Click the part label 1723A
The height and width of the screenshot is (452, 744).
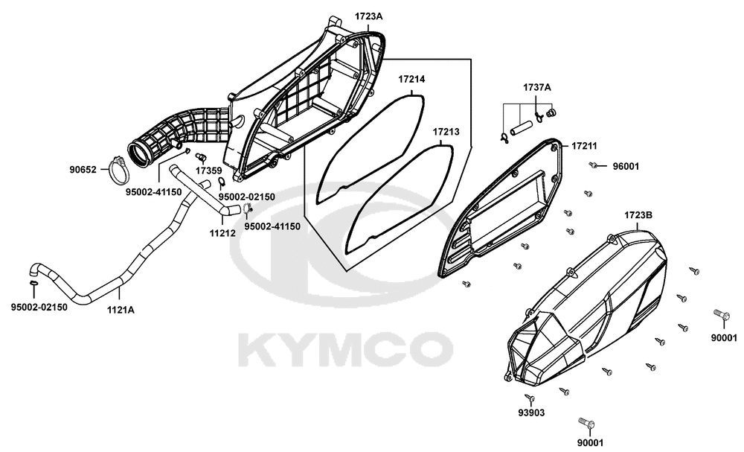[x=368, y=16]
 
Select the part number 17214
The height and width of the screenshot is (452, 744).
[x=411, y=79]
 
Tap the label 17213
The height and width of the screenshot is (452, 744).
[x=446, y=132]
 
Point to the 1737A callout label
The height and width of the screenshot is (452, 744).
[x=537, y=87]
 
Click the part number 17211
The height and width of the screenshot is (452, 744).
[x=584, y=146]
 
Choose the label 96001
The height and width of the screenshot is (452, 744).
[x=626, y=167]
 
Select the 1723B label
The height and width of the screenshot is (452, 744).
[x=638, y=215]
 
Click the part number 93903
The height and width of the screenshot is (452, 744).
[x=531, y=413]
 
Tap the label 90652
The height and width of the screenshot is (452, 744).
[x=83, y=170]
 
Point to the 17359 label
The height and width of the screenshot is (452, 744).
[x=209, y=170]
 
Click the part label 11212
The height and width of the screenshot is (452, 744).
[x=222, y=233]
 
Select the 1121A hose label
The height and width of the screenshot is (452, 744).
[x=121, y=311]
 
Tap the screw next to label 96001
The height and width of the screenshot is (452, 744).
[x=593, y=165]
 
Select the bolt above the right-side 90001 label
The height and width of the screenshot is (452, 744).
[x=721, y=314]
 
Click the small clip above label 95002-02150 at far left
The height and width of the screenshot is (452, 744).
[x=33, y=284]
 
